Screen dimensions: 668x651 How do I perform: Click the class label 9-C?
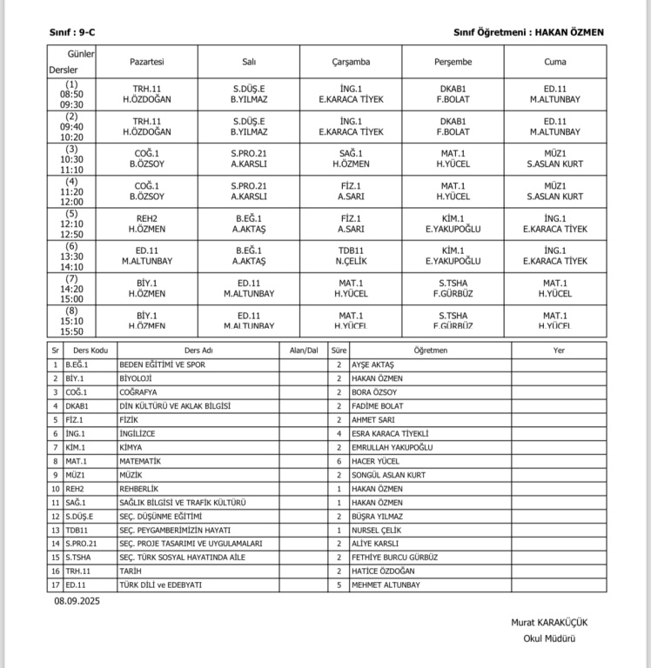click(85, 32)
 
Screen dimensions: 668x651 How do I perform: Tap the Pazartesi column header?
click(147, 62)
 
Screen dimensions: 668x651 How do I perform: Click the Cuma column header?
click(554, 62)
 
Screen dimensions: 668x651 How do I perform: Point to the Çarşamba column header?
click(351, 62)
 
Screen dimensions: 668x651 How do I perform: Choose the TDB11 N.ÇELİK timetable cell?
click(351, 255)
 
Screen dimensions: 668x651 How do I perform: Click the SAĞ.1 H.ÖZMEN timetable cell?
click(351, 158)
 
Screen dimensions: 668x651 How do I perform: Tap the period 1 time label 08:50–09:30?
click(71, 94)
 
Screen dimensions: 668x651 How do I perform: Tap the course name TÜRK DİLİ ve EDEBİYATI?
click(160, 585)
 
